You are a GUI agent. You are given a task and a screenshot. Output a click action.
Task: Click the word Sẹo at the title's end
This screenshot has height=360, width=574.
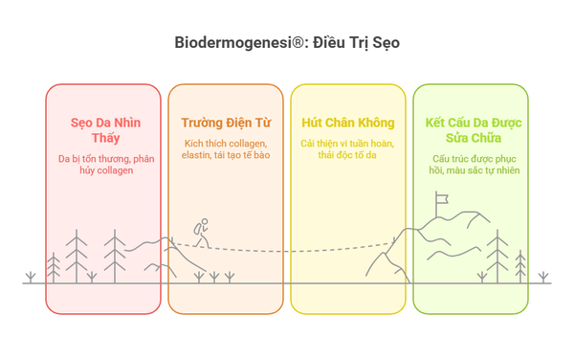[x=384, y=43]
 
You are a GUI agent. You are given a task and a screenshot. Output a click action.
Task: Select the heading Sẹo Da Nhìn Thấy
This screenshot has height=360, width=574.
[x=102, y=131]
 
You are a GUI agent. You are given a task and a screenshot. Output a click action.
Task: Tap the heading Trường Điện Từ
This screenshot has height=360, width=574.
[x=226, y=123]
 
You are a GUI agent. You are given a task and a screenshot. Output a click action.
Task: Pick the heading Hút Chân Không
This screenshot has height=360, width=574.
[x=348, y=123]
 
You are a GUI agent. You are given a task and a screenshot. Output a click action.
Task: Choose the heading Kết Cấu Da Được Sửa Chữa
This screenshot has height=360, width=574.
[x=470, y=131]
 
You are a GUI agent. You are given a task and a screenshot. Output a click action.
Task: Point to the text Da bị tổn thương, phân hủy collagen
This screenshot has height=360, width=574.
[x=102, y=164]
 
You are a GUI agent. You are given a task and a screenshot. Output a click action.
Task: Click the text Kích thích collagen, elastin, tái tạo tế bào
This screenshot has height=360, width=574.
[x=226, y=149]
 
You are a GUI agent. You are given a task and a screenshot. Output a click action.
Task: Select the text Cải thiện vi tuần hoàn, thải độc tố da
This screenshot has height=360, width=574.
[x=348, y=149]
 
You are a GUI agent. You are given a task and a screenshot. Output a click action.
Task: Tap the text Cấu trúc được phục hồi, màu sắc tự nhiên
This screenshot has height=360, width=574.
[x=470, y=164]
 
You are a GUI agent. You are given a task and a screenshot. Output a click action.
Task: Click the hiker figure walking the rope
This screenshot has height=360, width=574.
[x=201, y=234]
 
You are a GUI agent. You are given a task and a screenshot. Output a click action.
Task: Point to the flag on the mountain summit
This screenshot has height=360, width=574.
[x=441, y=201]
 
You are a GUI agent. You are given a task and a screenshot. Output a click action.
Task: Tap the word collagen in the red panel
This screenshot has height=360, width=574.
[x=113, y=170]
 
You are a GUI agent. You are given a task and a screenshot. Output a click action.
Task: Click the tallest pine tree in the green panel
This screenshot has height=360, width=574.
[x=497, y=254]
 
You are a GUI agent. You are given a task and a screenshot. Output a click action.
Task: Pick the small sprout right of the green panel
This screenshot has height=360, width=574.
[x=544, y=277]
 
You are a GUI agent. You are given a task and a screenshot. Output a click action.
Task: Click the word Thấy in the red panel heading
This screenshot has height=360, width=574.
[x=102, y=140]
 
